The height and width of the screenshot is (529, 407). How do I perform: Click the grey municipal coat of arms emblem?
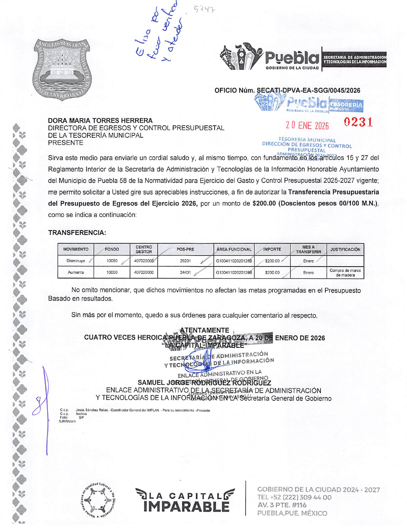click(62, 70)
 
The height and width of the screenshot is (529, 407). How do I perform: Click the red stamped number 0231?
click(358, 123)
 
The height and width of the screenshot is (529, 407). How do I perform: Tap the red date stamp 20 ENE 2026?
click(307, 126)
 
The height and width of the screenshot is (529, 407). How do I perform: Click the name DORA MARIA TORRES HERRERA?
click(100, 121)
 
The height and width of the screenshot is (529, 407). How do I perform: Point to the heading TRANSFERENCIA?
click(77, 233)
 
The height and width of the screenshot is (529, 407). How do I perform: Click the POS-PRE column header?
click(185, 250)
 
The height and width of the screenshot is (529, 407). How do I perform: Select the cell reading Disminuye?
click(76, 261)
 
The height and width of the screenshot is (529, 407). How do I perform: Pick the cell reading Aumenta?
click(76, 273)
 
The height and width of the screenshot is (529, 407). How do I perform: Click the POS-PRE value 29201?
click(185, 261)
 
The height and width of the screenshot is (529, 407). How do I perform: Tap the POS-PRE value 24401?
click(185, 273)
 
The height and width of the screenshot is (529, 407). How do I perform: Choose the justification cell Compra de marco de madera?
click(345, 273)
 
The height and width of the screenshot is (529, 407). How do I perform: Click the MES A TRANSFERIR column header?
click(308, 250)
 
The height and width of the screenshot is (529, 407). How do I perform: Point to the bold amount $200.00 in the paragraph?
click(264, 203)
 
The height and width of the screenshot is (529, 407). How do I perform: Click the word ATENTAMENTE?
click(204, 330)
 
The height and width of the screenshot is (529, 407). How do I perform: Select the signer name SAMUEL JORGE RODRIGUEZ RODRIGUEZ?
click(204, 383)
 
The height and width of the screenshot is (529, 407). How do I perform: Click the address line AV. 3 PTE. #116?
click(282, 505)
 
